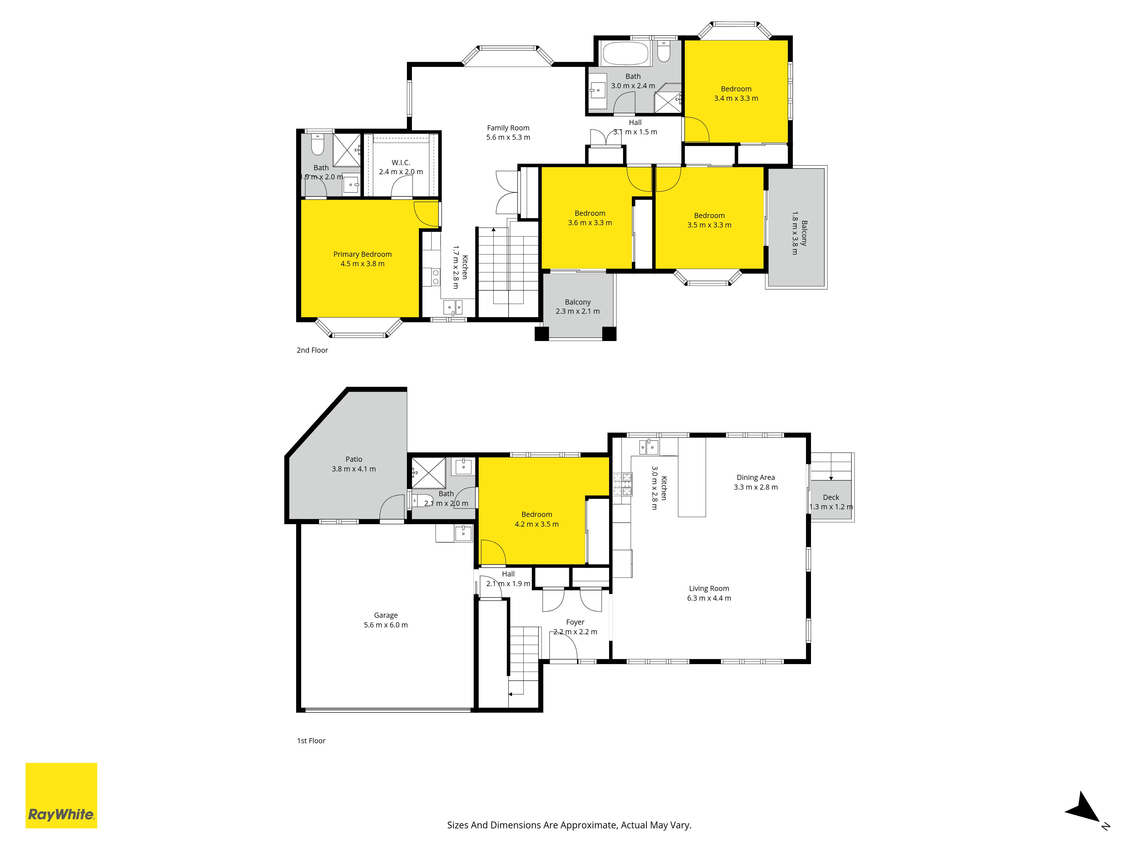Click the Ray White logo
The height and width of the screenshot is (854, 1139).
[61, 795]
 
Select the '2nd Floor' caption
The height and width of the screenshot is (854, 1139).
[312, 350]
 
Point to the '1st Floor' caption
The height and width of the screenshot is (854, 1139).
[311, 741]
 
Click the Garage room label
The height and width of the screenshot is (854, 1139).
[386, 615]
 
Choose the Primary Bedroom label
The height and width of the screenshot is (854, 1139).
[362, 254]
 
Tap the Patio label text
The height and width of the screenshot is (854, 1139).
[354, 459]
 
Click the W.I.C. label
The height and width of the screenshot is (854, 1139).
[401, 163]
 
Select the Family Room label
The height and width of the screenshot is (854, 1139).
[508, 128]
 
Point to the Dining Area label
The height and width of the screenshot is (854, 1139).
[755, 478]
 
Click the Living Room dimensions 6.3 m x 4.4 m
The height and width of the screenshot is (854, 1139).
[709, 598]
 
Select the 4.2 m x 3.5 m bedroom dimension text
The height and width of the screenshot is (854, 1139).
[536, 524]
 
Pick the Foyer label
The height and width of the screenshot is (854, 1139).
[575, 622]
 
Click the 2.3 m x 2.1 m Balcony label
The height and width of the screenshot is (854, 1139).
[578, 307]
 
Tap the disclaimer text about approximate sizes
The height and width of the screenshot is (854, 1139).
[569, 825]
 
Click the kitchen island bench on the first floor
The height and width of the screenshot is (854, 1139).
[692, 477]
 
